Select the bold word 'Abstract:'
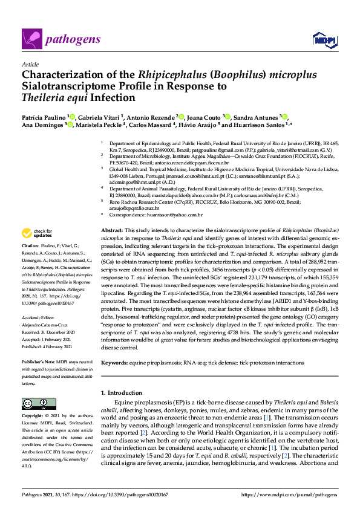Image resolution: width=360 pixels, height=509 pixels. point(112,232)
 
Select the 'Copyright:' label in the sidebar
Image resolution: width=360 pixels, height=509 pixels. point(33,417)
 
